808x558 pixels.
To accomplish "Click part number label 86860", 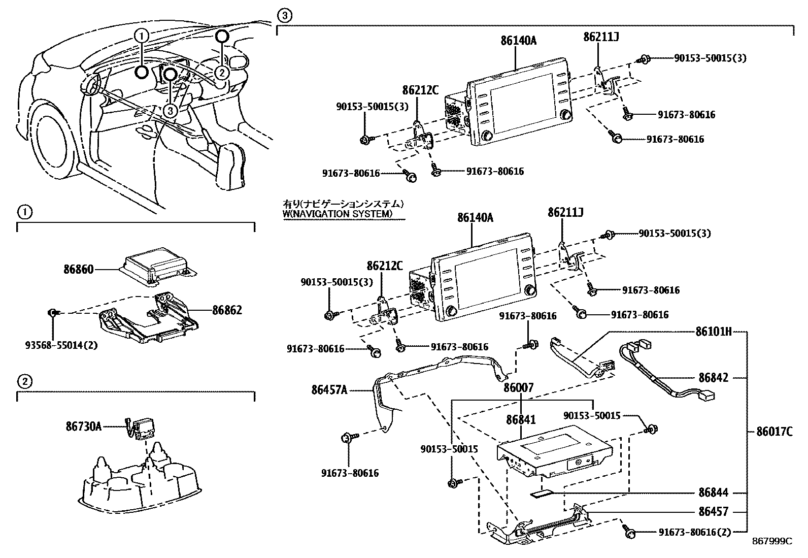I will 79,270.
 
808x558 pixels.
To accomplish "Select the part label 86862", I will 227,310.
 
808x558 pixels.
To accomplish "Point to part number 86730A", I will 83,426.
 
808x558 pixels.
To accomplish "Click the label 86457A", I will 329,390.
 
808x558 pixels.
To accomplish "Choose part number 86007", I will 518,388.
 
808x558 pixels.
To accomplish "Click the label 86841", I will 521,420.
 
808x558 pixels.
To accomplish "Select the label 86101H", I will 714,332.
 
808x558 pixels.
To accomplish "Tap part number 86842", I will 713,378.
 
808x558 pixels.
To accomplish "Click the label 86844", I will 713,493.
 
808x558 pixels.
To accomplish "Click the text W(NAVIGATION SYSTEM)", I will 338,214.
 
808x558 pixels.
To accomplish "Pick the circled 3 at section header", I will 285,16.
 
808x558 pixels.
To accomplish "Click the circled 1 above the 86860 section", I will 24,212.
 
